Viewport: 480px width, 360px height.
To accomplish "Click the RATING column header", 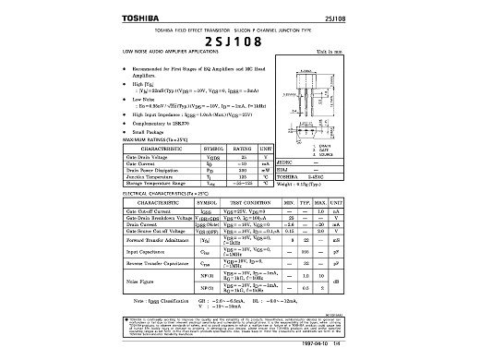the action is [243, 149].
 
